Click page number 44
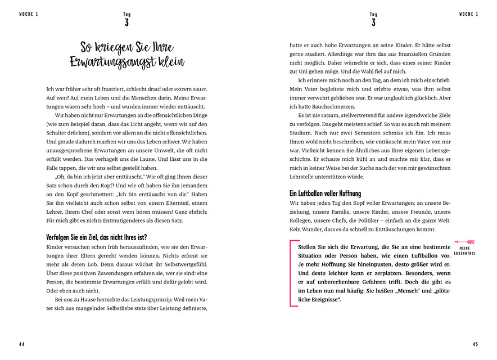21,344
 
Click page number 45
475,344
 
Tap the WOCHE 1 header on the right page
468,14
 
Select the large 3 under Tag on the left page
126,23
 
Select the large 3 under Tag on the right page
373,23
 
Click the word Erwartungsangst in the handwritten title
110,63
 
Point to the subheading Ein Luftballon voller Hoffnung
326,193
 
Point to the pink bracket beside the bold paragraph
292,273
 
